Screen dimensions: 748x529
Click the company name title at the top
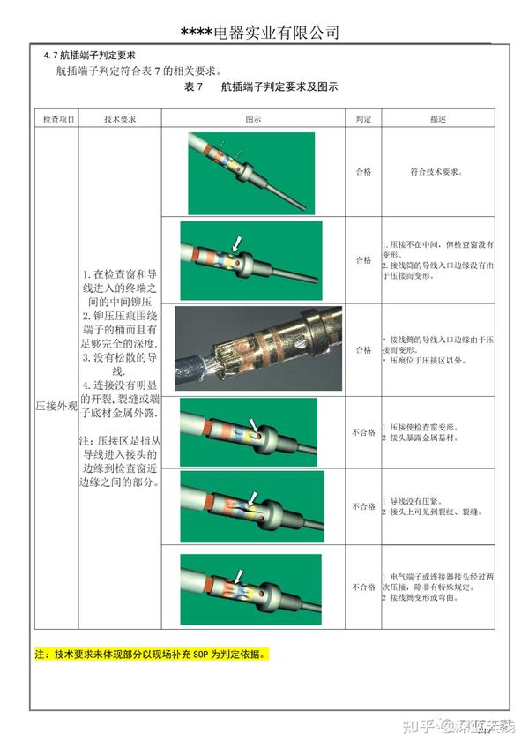[260, 32]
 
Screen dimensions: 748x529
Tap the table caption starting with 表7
[261, 87]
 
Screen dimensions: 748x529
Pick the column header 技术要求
[119, 117]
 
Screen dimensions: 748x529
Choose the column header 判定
[363, 117]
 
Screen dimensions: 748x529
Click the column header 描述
[438, 117]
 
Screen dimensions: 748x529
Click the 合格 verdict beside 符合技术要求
[363, 172]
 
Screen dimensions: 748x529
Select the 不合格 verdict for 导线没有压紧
[363, 506]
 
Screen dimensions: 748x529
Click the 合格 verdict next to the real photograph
[363, 349]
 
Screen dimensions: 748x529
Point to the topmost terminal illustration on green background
[251, 173]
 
